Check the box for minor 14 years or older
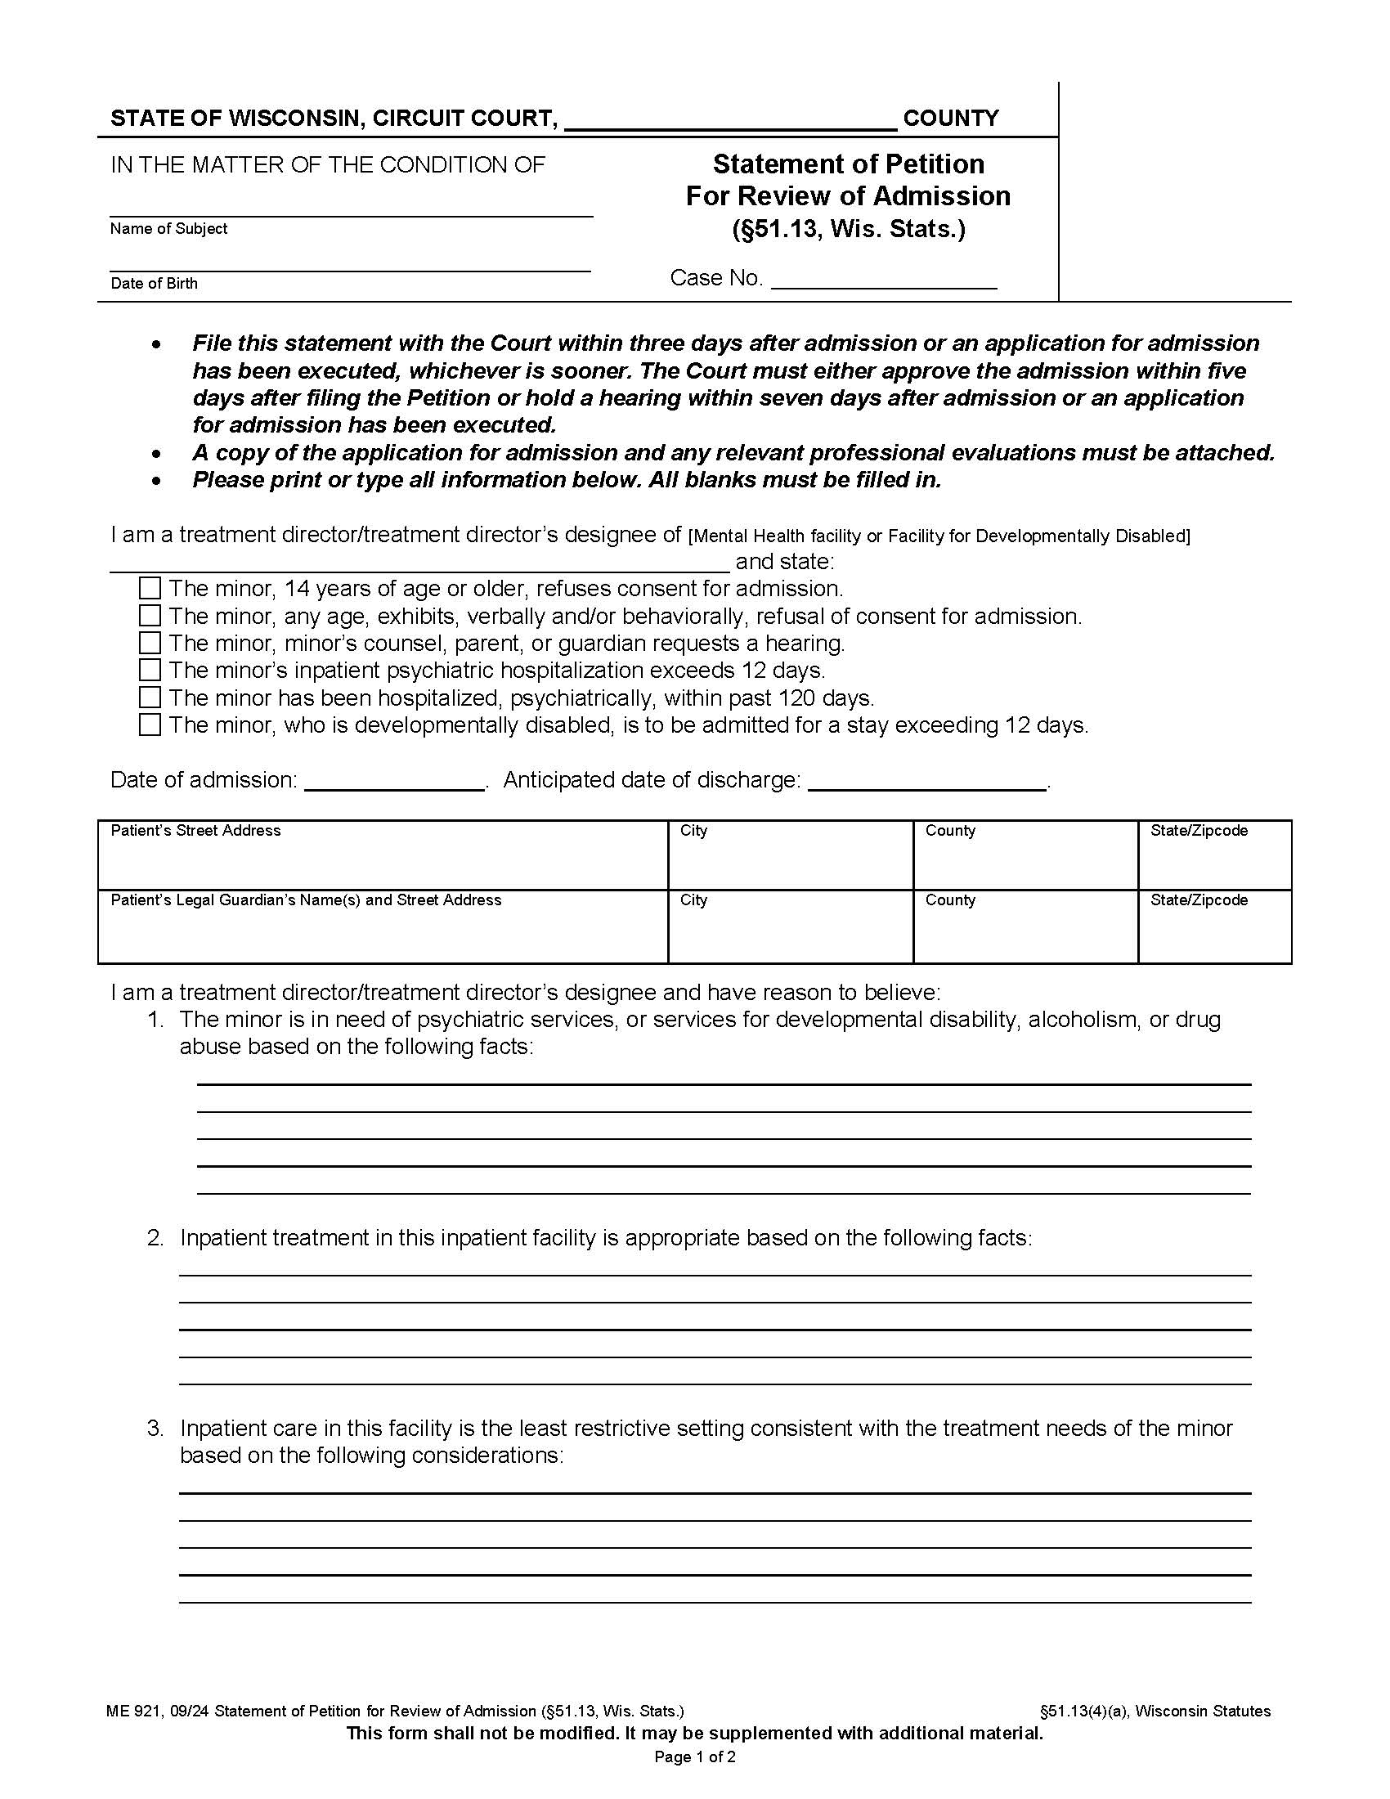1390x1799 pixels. pyautogui.click(x=150, y=588)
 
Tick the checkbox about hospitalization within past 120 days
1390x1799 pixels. pyautogui.click(x=150, y=698)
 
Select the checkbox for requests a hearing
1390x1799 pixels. pyautogui.click(x=150, y=643)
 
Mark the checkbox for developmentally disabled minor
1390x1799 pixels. pyautogui.click(x=150, y=725)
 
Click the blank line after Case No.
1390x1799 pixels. pyautogui.click(x=884, y=280)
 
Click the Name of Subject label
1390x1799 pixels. pyautogui.click(x=168, y=229)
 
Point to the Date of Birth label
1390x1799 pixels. pyautogui.click(x=154, y=284)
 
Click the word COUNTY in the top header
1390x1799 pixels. pyautogui.click(x=950, y=119)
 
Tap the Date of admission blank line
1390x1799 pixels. pyautogui.click(x=394, y=782)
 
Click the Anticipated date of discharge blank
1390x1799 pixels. pyautogui.click(x=927, y=782)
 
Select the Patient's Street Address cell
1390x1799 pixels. pyautogui.click(x=382, y=855)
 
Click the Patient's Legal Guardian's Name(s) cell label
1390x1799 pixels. pyautogui.click(x=306, y=900)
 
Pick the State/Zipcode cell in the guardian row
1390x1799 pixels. pyautogui.click(x=1213, y=926)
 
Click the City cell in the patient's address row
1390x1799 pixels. pyautogui.click(x=790, y=855)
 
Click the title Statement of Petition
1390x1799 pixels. pyautogui.click(x=848, y=164)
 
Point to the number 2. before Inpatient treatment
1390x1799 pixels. pyautogui.click(x=155, y=1238)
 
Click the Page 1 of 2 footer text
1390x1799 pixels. pyautogui.click(x=694, y=1757)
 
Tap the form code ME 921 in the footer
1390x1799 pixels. pyautogui.click(x=134, y=1711)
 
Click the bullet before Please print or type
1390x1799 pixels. pyautogui.click(x=156, y=481)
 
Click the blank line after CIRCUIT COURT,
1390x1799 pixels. pyautogui.click(x=730, y=121)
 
